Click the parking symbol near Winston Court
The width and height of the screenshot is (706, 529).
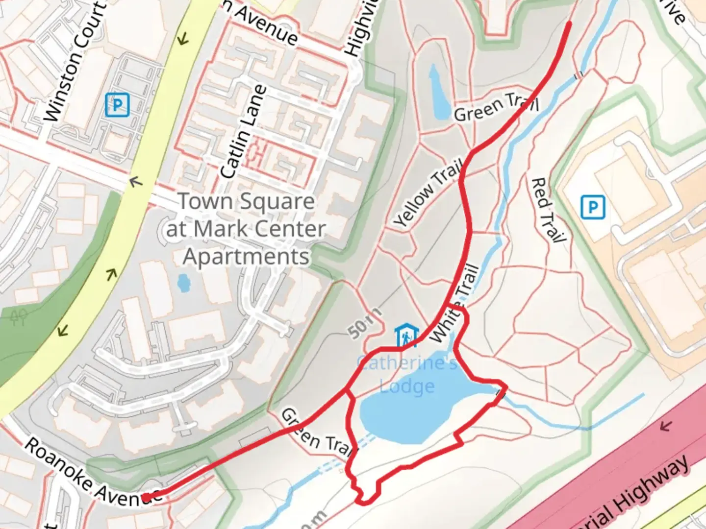(117, 105)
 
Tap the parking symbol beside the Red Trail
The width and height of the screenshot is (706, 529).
(592, 207)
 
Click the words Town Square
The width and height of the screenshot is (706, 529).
(246, 201)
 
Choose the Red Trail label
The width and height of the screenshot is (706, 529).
(548, 210)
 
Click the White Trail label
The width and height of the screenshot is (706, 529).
(454, 304)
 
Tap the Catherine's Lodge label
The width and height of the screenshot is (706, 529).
(407, 375)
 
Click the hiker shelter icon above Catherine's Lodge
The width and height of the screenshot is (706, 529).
(406, 336)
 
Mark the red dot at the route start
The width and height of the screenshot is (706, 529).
(146, 498)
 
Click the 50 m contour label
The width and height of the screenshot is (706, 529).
(365, 324)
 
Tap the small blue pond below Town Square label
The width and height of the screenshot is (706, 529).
(183, 283)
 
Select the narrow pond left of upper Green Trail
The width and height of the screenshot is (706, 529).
(439, 93)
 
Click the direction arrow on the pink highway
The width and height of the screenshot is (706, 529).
(665, 426)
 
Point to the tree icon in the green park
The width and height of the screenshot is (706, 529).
(19, 318)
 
